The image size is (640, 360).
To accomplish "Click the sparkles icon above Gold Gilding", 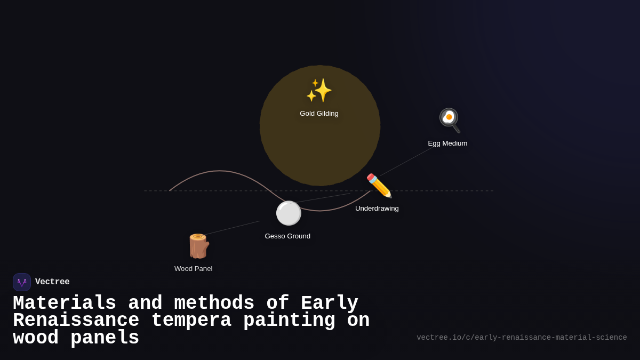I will point(319,90).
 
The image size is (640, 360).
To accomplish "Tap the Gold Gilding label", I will point(319,114).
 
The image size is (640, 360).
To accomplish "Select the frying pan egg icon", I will point(449,120).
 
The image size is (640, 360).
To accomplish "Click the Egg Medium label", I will point(447,143).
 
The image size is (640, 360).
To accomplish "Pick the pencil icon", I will point(379,186).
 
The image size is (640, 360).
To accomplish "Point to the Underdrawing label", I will point(377,209).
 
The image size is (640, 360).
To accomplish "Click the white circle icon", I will point(289,213).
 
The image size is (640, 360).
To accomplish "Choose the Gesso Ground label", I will point(287,236).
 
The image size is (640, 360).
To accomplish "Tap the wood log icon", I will point(198,246).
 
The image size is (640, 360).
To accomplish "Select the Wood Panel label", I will point(193,269).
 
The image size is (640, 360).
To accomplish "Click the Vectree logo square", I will point(22,282).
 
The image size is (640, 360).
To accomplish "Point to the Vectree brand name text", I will point(52,282).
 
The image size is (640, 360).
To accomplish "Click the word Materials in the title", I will point(65,303).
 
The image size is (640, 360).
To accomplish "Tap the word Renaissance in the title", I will point(76,321).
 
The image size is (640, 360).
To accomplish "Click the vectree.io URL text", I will point(522,338).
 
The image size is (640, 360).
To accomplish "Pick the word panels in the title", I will point(105,338).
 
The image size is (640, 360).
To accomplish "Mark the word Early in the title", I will point(329,303).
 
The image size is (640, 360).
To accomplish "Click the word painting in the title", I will point(289,321).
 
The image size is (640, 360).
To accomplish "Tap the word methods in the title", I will point(214,303).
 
